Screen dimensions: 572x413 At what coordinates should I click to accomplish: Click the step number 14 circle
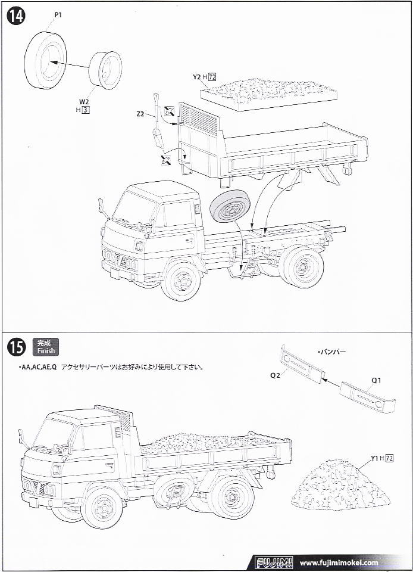coord(15,16)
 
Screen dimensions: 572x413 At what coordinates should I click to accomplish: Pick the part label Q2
coord(276,376)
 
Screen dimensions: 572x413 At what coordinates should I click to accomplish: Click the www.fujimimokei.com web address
coord(339,562)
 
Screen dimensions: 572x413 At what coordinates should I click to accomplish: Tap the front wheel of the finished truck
coord(102,506)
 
